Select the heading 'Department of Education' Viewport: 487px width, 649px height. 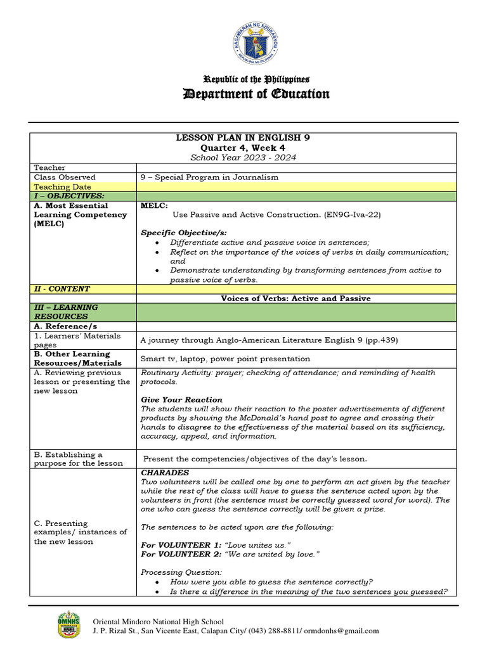tap(256, 94)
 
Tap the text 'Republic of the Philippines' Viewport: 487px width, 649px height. tap(256, 79)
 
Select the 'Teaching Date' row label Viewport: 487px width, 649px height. tap(62, 187)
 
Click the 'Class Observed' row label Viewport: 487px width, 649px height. tap(65, 177)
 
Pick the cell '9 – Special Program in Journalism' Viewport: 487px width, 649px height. tap(209, 177)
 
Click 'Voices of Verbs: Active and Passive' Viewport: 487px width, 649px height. tap(295, 298)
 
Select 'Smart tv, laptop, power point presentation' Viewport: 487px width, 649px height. tap(225, 359)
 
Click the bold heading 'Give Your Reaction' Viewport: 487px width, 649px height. tap(181, 400)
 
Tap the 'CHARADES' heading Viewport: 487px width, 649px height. tap(165, 473)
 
